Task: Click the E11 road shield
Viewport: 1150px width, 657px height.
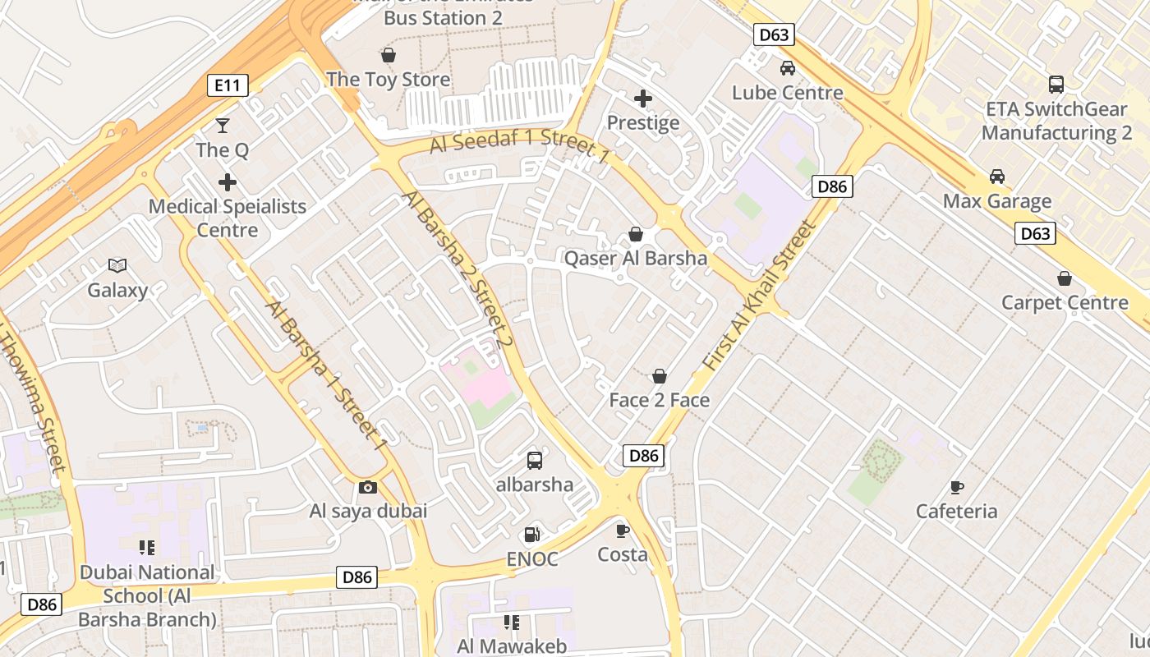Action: click(x=228, y=85)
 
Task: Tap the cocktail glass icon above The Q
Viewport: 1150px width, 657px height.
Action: click(x=222, y=126)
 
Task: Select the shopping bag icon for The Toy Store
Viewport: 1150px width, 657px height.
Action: click(x=388, y=55)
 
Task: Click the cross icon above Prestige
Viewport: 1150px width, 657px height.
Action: click(x=643, y=99)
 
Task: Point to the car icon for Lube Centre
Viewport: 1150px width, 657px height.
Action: click(x=788, y=68)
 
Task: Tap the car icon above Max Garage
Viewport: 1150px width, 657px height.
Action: click(x=997, y=177)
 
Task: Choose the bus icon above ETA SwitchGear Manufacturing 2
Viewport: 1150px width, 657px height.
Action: click(x=1056, y=84)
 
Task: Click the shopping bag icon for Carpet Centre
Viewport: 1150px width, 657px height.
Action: click(x=1065, y=278)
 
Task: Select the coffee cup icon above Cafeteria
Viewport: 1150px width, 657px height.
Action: click(x=957, y=487)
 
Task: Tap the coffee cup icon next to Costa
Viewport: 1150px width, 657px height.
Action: click(x=623, y=531)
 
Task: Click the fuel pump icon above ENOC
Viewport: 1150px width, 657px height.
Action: click(x=532, y=535)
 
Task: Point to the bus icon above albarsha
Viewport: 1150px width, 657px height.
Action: click(x=535, y=460)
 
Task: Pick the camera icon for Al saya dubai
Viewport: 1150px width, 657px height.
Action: click(x=368, y=487)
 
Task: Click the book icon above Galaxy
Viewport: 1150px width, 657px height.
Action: click(x=117, y=265)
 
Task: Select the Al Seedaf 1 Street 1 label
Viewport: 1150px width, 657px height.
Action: click(x=520, y=145)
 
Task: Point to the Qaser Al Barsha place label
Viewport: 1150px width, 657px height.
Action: click(x=635, y=259)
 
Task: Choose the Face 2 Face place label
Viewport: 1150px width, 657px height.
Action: click(x=660, y=400)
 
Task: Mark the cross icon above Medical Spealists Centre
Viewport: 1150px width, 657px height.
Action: click(x=228, y=182)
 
